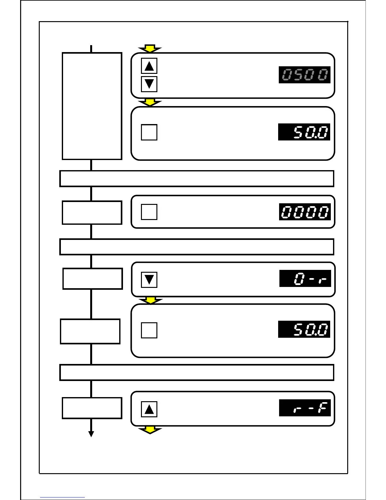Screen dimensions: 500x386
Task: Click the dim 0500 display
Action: click(x=304, y=75)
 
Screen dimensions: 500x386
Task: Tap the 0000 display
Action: click(x=305, y=212)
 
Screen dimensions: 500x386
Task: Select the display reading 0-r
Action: click(x=305, y=278)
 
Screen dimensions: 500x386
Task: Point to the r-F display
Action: click(x=305, y=408)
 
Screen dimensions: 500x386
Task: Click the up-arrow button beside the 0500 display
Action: click(x=149, y=66)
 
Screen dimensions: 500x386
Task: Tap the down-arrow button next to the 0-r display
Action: click(x=149, y=280)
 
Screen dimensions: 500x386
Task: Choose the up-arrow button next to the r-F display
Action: click(x=149, y=409)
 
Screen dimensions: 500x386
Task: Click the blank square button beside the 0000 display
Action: click(x=149, y=212)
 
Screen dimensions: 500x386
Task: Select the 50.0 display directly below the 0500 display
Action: click(x=304, y=132)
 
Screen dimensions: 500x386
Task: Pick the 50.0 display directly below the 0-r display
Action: click(x=304, y=329)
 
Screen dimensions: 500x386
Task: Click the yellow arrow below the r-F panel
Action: click(x=150, y=430)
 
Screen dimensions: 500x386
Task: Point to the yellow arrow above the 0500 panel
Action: click(x=150, y=49)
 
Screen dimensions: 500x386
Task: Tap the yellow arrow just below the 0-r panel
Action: click(x=151, y=300)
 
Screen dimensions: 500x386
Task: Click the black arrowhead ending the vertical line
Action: click(x=91, y=434)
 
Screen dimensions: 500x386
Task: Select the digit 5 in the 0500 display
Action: click(x=298, y=75)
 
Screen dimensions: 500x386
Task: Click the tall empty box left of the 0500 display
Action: click(x=92, y=106)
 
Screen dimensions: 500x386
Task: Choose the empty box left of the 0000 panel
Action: click(x=92, y=213)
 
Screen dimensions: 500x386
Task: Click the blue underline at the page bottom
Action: click(x=62, y=497)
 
